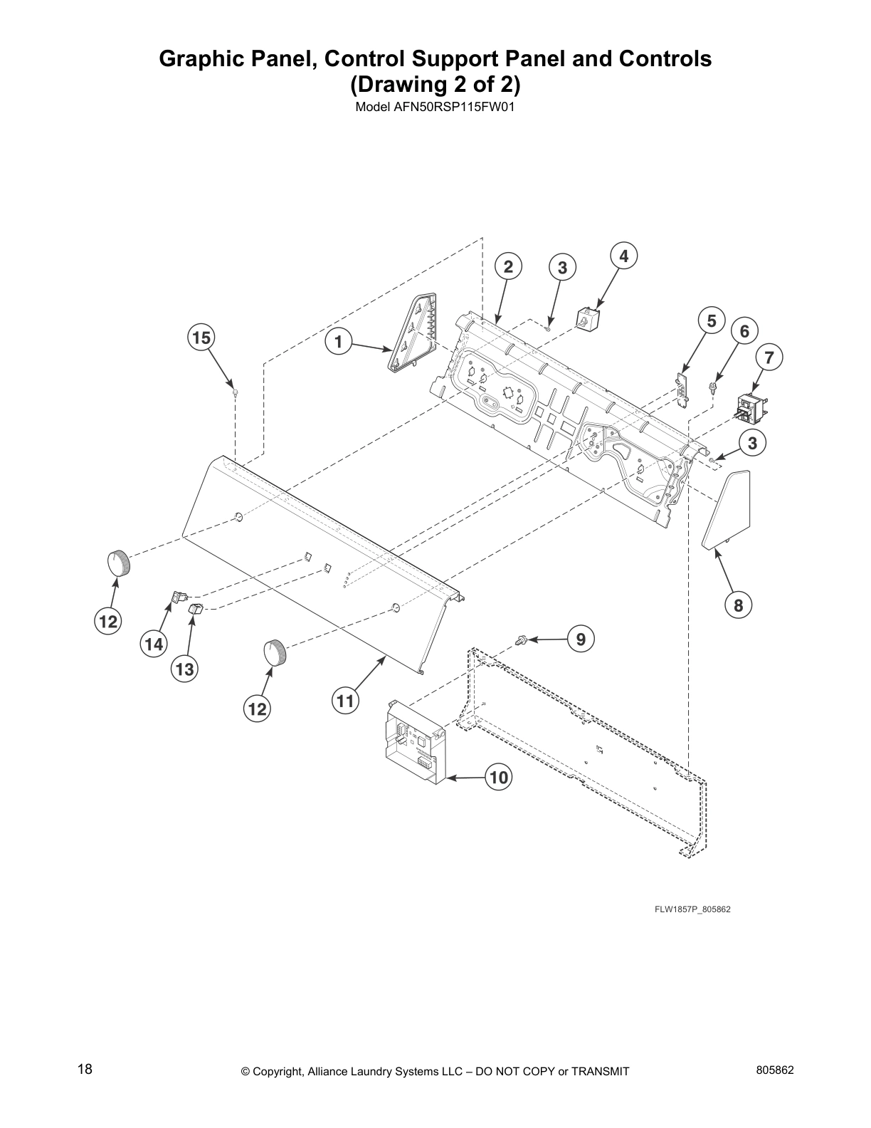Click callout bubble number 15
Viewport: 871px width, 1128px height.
point(202,338)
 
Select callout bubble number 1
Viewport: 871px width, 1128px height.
point(339,343)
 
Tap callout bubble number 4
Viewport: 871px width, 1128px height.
point(623,256)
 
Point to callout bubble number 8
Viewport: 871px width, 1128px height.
point(738,605)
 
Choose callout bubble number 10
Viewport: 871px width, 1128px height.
point(500,778)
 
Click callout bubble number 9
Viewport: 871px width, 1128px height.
point(581,639)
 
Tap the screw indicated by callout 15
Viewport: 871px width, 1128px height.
point(235,391)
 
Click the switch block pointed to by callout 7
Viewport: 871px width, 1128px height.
point(751,407)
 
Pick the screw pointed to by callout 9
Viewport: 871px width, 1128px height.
point(522,640)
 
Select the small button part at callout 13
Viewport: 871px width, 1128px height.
point(194,609)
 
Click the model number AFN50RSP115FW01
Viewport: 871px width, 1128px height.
point(434,108)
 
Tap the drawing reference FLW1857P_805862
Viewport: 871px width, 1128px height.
point(692,910)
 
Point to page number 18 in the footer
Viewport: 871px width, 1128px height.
point(85,1068)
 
